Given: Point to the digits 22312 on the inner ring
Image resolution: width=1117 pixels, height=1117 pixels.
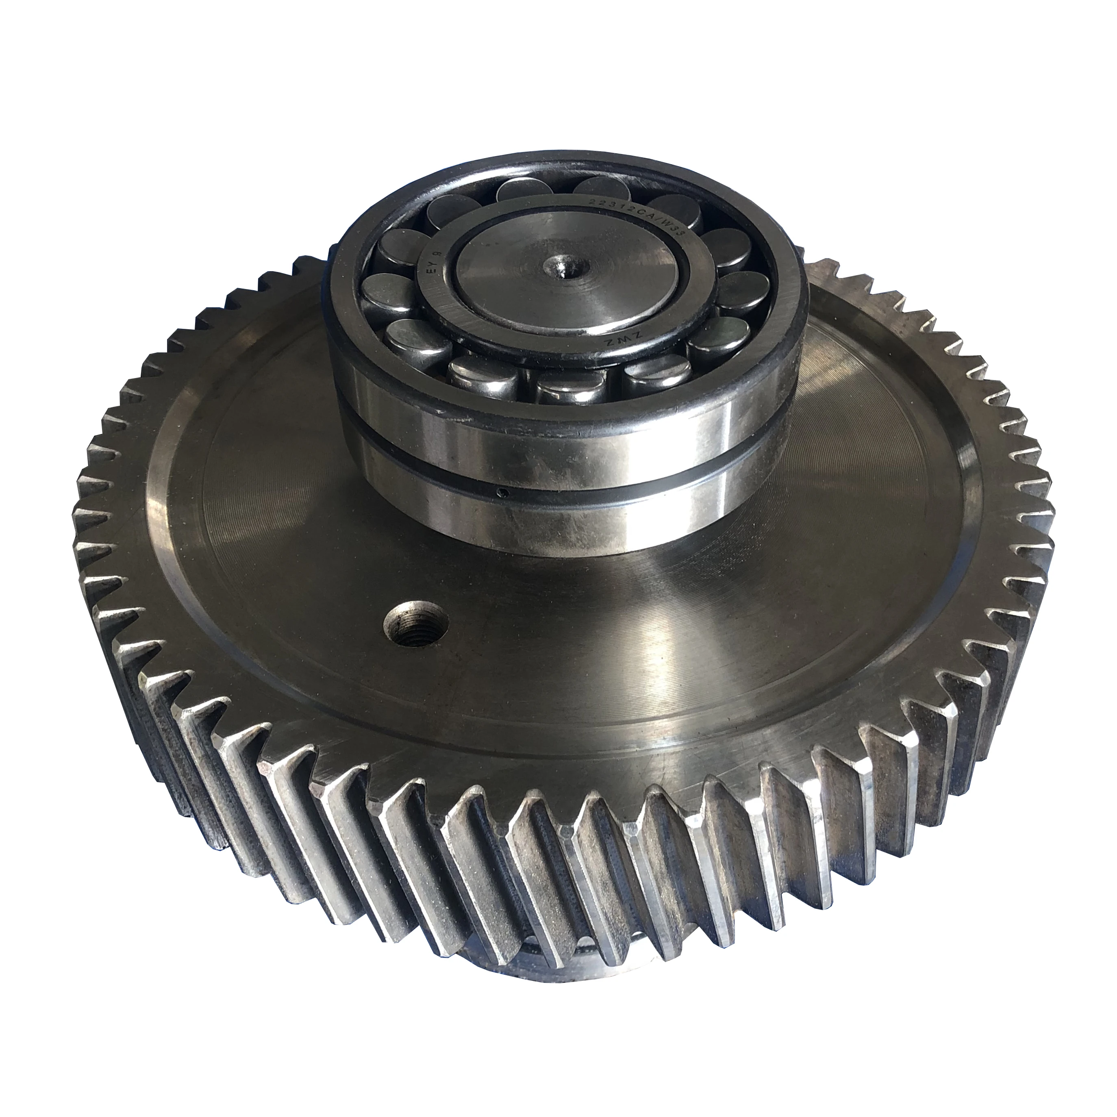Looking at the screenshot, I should tap(613, 205).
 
